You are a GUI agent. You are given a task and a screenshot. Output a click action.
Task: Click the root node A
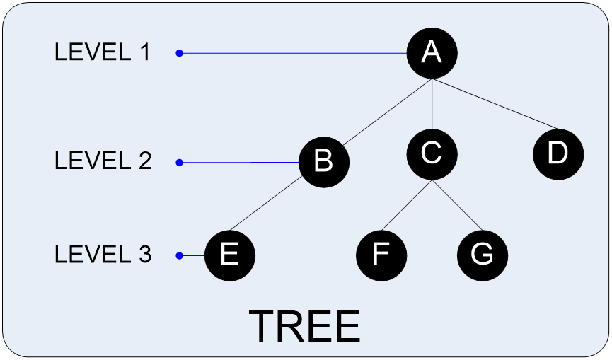pyautogui.click(x=432, y=53)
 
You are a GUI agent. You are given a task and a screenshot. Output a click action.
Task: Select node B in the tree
pyautogui.click(x=324, y=162)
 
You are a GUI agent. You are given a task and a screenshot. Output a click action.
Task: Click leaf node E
pyautogui.click(x=229, y=255)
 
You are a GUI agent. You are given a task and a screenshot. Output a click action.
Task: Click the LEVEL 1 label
pyautogui.click(x=103, y=52)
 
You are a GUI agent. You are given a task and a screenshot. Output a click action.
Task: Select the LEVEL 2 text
pyautogui.click(x=103, y=161)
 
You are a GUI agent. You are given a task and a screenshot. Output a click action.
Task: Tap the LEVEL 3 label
pyautogui.click(x=103, y=255)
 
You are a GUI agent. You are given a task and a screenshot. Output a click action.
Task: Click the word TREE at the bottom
pyautogui.click(x=305, y=327)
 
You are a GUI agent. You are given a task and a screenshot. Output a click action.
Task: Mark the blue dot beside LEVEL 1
pyautogui.click(x=180, y=53)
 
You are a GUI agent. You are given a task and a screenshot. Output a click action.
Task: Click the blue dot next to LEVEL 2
pyautogui.click(x=180, y=162)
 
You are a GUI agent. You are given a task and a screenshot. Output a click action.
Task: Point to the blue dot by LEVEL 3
pyautogui.click(x=180, y=255)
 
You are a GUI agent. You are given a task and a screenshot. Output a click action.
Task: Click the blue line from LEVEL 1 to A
pyautogui.click(x=294, y=53)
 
